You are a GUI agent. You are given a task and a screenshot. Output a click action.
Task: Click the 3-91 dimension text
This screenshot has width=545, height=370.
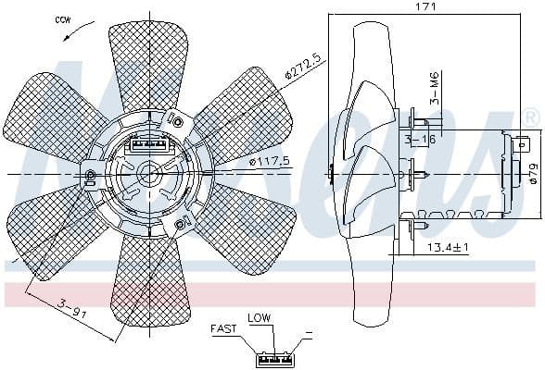pos(71,304)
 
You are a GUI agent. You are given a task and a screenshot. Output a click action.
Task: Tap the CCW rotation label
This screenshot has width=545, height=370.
pos(64,18)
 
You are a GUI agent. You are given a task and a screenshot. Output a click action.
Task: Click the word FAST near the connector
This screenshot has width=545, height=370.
pos(223,327)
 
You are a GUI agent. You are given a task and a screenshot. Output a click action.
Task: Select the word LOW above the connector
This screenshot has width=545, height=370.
pos(259,317)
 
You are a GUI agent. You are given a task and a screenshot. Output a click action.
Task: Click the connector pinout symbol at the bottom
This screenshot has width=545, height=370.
pos(276,355)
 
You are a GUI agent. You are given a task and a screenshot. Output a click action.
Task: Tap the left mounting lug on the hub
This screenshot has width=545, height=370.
pos(91,176)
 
